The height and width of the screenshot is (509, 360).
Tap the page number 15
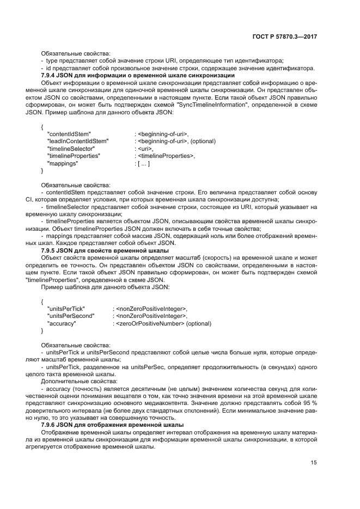pos(314,463)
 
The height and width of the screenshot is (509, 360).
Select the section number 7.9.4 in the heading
pos(50,75)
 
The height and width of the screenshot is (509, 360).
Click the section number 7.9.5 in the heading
pos(50,250)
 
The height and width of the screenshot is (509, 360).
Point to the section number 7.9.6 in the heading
pos(50,424)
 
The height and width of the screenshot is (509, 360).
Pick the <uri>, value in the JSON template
pos(144,148)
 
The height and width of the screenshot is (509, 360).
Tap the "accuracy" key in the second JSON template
pos(62,323)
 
